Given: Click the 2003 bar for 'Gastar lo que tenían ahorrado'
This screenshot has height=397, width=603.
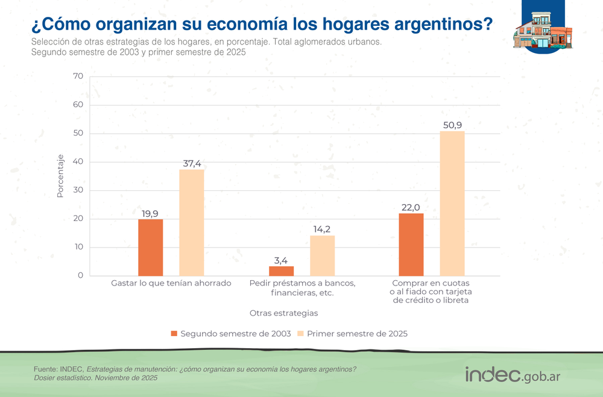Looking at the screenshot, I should [x=150, y=248].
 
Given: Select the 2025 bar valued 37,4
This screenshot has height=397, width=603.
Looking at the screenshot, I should [x=191, y=223].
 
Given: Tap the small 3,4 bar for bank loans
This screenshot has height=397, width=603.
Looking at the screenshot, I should [x=281, y=271].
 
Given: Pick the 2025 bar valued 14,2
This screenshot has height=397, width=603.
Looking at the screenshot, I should [x=322, y=256].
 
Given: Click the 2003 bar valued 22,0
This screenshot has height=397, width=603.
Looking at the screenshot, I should [x=411, y=245].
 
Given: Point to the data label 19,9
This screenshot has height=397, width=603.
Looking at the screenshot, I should [x=150, y=213].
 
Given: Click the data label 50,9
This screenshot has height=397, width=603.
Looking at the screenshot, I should [x=452, y=125].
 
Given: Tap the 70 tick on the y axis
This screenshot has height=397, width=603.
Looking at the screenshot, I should [x=78, y=77].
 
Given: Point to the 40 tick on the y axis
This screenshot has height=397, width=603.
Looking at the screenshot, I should [x=78, y=162].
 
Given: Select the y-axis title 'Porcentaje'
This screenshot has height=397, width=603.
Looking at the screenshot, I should [x=60, y=176].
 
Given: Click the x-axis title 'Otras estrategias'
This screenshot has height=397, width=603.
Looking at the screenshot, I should [x=283, y=313].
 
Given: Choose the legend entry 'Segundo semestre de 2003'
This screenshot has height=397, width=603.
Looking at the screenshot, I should [x=232, y=334].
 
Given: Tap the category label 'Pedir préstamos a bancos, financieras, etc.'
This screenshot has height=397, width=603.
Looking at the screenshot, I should [x=302, y=287].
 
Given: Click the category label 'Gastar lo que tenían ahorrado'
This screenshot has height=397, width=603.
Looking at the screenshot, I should [x=171, y=283].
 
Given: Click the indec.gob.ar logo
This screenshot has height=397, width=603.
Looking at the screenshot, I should [x=513, y=375].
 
